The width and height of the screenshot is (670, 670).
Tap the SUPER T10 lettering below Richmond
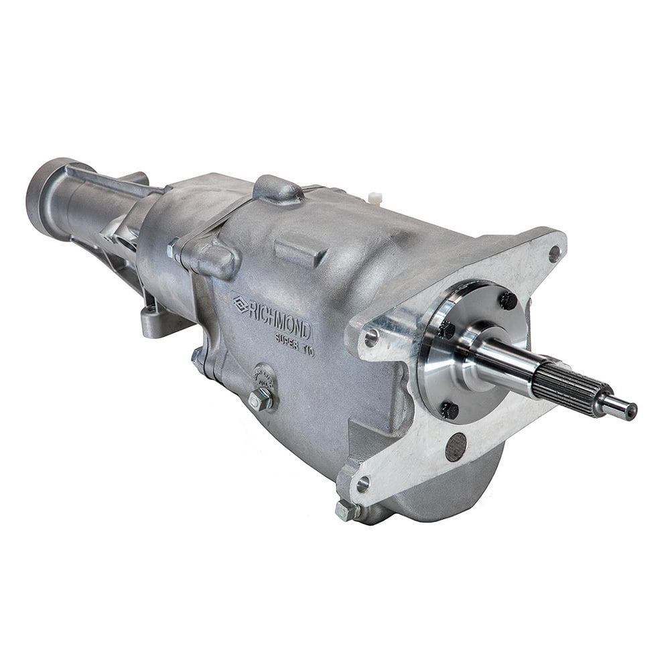[x=294, y=344]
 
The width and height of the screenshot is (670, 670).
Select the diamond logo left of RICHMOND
[x=241, y=304]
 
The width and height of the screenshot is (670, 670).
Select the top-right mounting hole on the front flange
[x=553, y=254]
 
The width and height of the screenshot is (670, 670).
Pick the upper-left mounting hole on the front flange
[x=371, y=338]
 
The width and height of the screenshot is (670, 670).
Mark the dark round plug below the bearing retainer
[x=456, y=446]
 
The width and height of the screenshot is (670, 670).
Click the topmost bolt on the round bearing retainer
[x=508, y=301]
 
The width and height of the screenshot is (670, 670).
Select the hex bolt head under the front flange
[x=346, y=510]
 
